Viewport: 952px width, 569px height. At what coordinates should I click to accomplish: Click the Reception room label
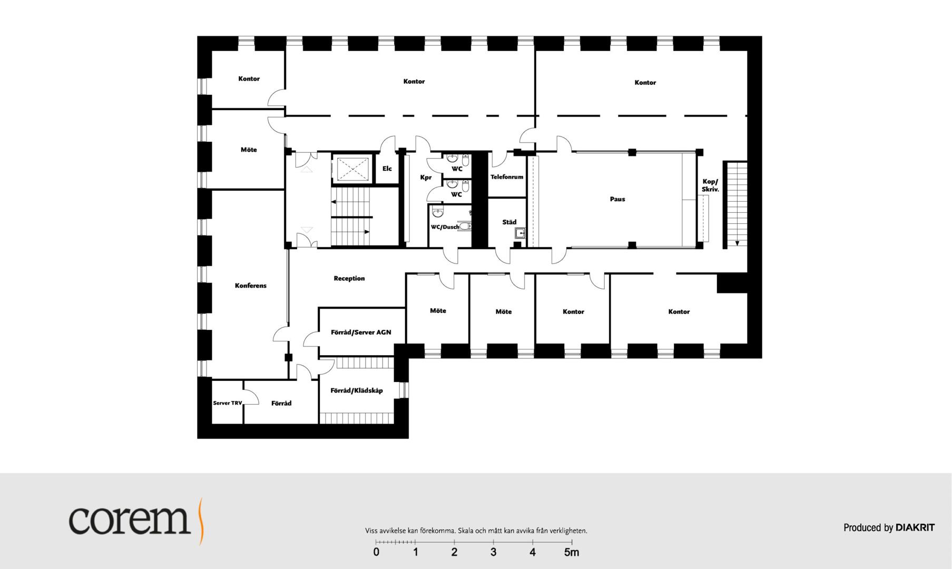click(x=349, y=278)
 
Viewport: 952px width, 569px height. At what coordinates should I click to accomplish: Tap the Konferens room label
click(x=251, y=286)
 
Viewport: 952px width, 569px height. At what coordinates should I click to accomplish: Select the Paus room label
click(x=617, y=199)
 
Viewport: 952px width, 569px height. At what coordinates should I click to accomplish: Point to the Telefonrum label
click(x=507, y=177)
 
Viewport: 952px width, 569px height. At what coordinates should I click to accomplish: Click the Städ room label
click(x=509, y=222)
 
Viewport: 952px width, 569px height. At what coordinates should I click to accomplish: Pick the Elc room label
click(x=387, y=169)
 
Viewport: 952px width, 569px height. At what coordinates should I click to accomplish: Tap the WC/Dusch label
click(x=445, y=227)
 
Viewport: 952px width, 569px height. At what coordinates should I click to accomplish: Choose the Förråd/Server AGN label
click(x=361, y=332)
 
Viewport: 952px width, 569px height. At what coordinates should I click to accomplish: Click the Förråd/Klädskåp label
click(x=357, y=391)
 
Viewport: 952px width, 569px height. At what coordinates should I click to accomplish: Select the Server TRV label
click(x=228, y=403)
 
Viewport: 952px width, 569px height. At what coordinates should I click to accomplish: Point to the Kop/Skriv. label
click(x=710, y=185)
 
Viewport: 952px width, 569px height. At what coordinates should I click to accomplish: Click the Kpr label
click(x=426, y=178)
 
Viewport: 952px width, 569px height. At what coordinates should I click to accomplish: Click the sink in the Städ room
click(x=520, y=233)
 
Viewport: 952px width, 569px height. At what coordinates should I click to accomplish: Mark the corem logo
click(x=135, y=520)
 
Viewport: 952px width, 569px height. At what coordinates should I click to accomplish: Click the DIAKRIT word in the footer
click(x=915, y=527)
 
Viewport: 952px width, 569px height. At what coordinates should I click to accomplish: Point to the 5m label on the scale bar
click(x=572, y=552)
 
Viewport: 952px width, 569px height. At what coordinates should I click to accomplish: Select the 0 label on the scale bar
click(x=376, y=552)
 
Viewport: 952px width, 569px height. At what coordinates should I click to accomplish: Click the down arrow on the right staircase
click(x=737, y=243)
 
